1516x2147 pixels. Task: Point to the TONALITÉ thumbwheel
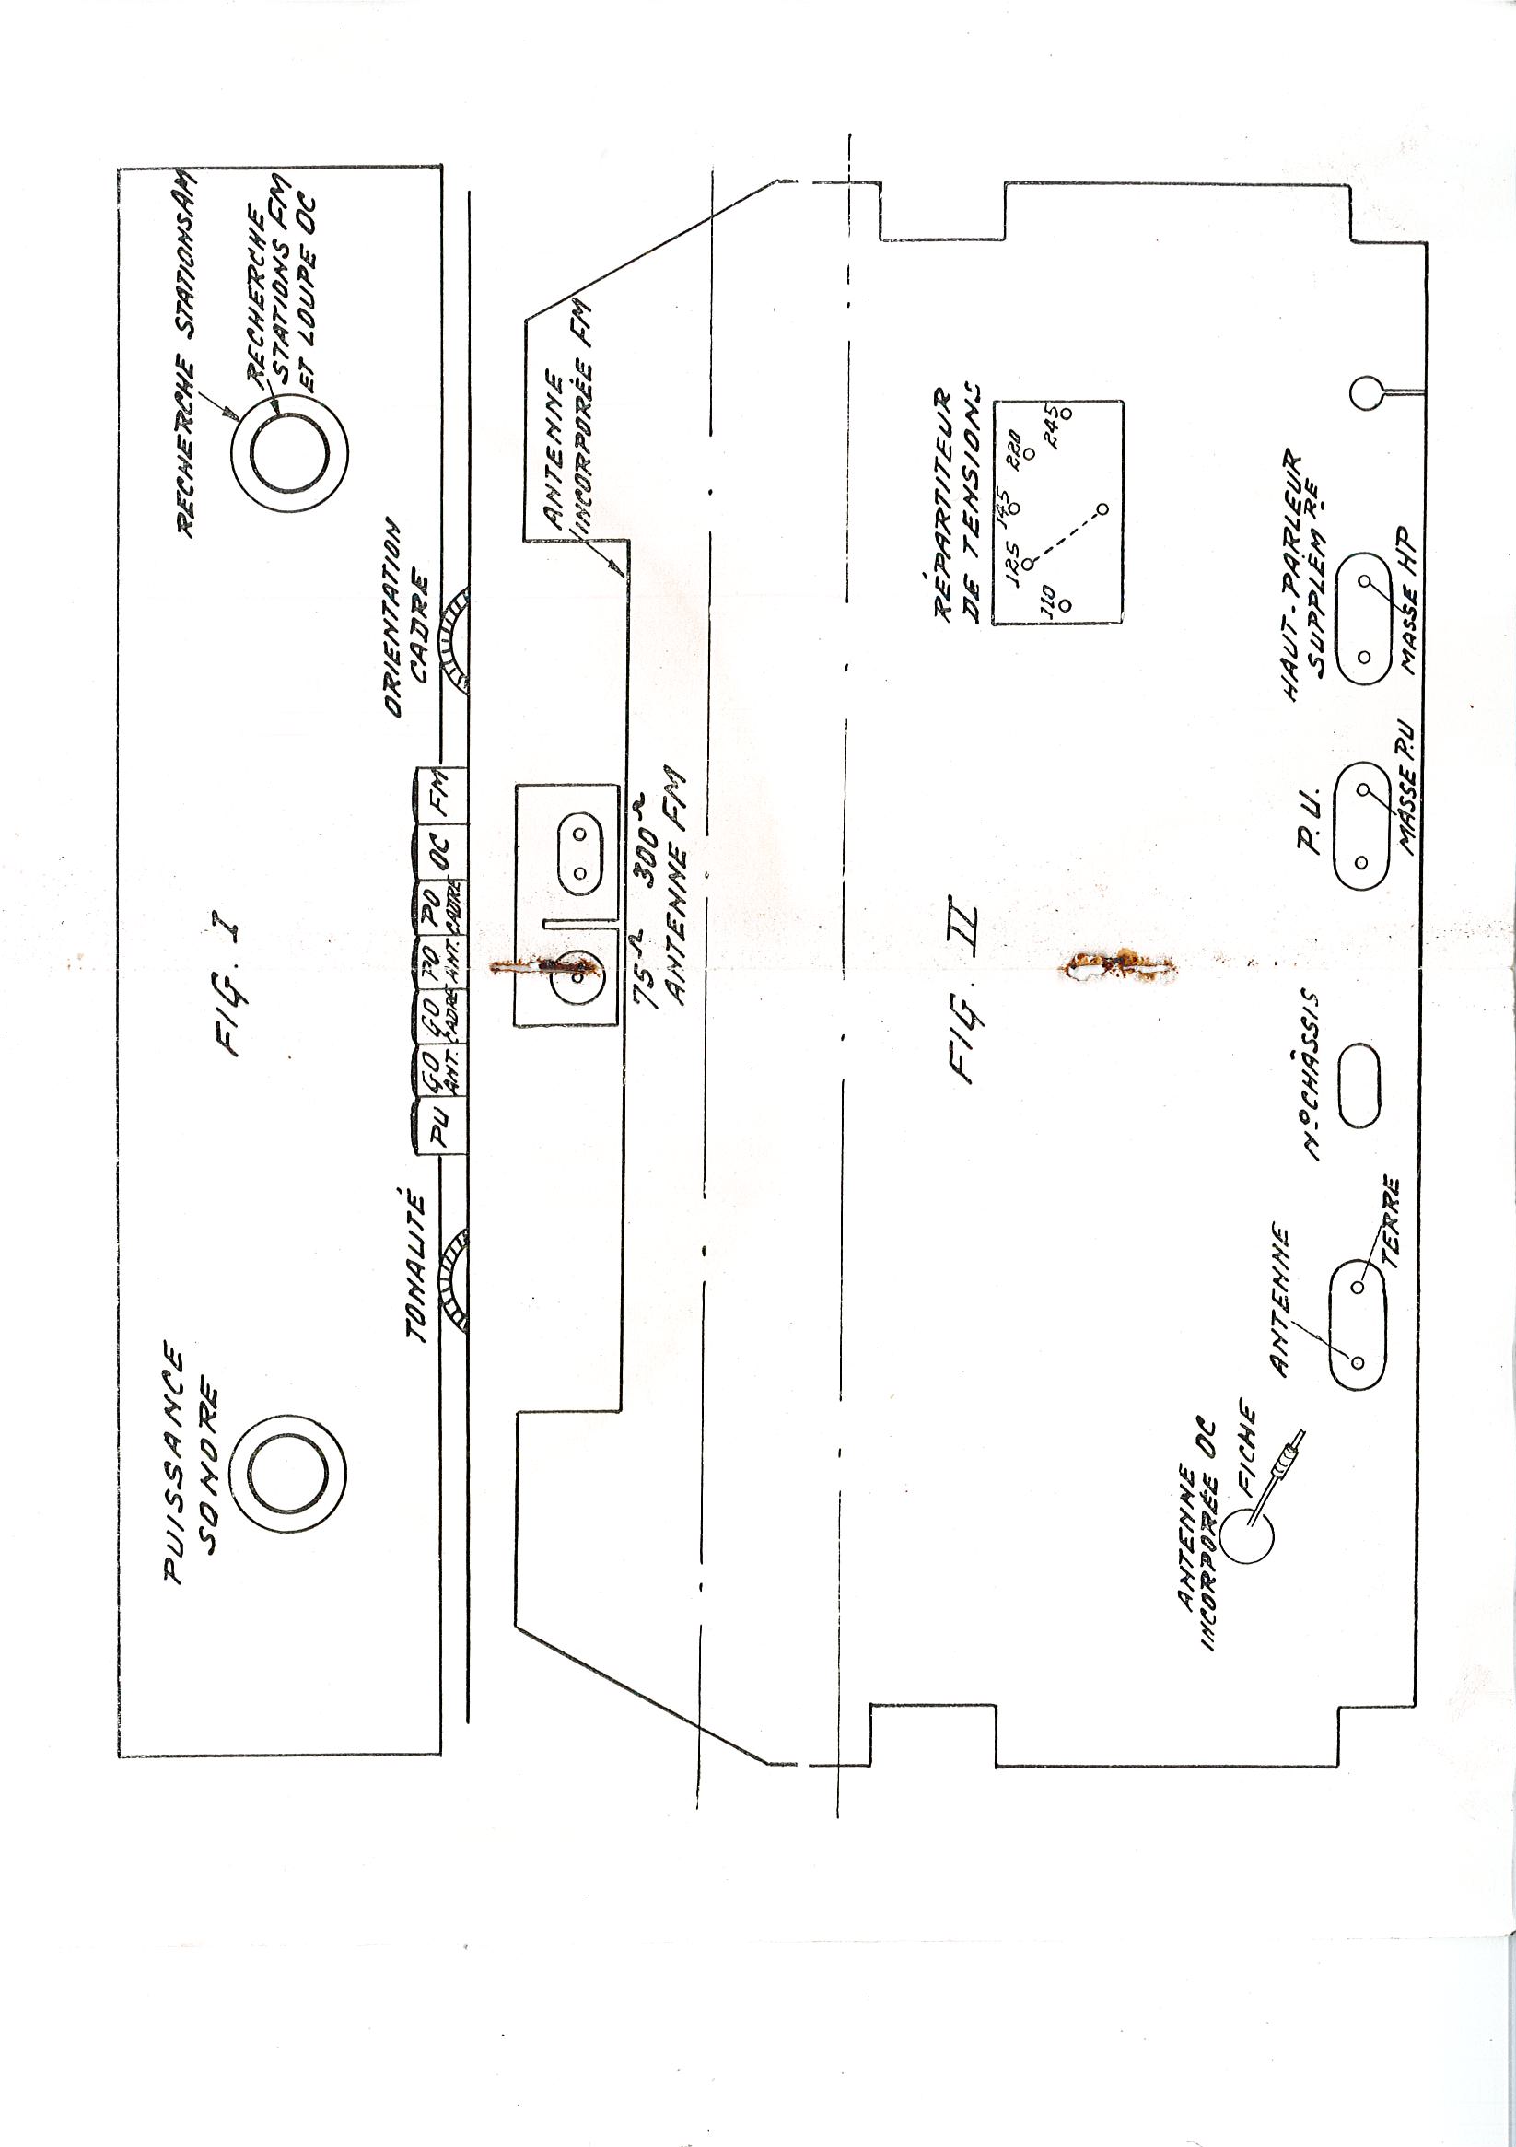point(457,1277)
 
